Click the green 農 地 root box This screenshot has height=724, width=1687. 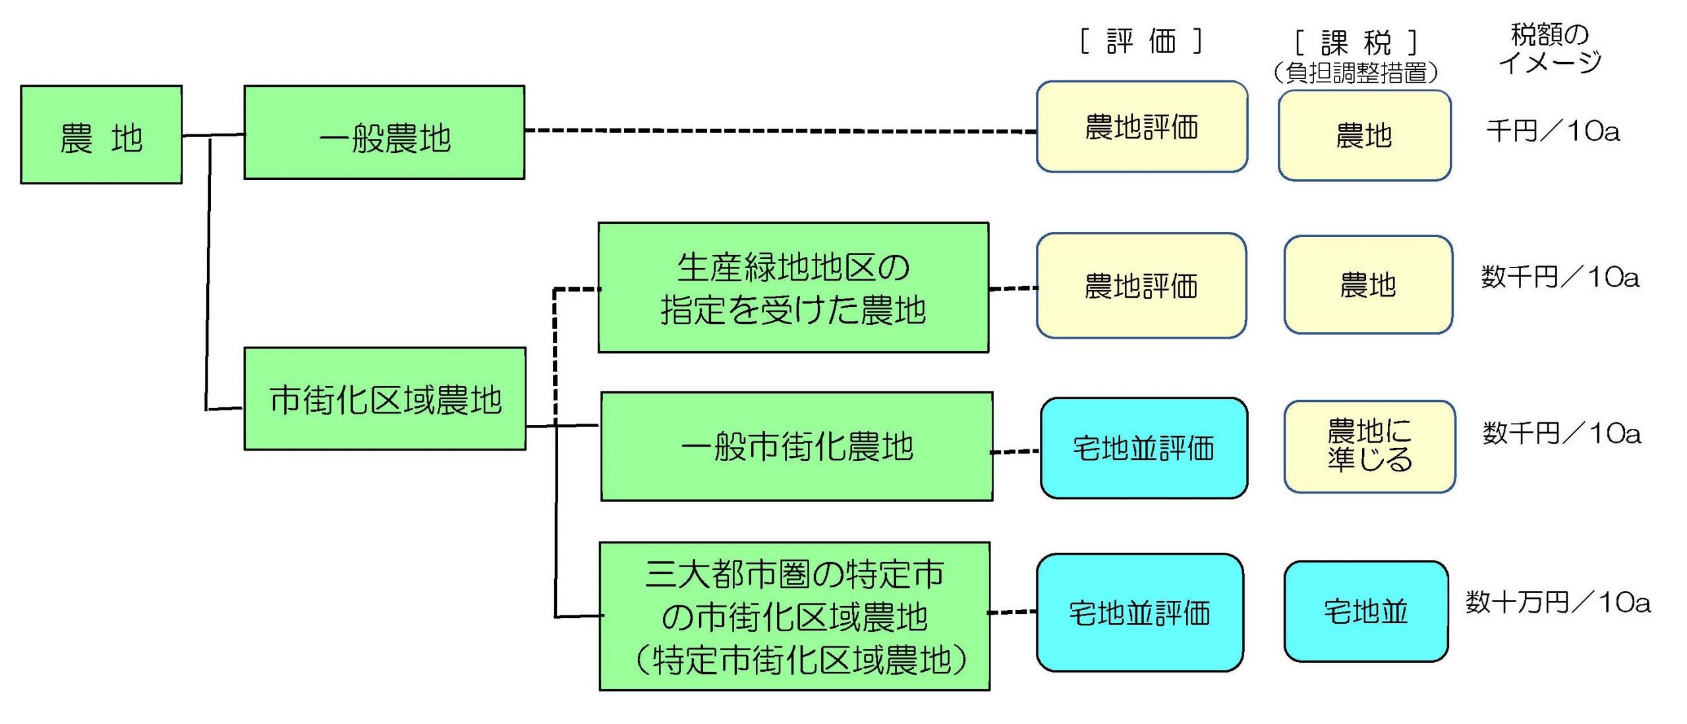pos(101,134)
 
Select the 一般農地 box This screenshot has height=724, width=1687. pos(384,132)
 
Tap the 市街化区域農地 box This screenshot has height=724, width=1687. pos(385,399)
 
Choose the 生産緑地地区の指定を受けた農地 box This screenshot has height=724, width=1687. pos(793,288)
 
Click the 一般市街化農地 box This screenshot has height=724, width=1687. pos(797,447)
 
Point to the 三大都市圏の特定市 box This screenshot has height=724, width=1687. pos(795,616)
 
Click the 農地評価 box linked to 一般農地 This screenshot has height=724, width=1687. pos(1141,127)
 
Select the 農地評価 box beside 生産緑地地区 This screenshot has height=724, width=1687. pos(1141,286)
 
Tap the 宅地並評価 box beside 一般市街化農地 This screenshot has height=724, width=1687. pos(1144,448)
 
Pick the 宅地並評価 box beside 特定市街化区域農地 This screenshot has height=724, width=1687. pos(1140,613)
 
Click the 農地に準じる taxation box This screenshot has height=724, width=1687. pos(1369,446)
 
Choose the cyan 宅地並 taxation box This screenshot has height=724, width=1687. pos(1366,611)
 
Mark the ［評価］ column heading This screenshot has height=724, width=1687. pos(1141,42)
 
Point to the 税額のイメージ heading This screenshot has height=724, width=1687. pos(1550,47)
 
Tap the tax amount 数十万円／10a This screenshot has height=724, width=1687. pos(1558,602)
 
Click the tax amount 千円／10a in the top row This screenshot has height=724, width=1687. pos(1553,131)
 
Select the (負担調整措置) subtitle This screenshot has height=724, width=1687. pos(1356,72)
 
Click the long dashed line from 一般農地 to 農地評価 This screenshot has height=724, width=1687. pos(780,130)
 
